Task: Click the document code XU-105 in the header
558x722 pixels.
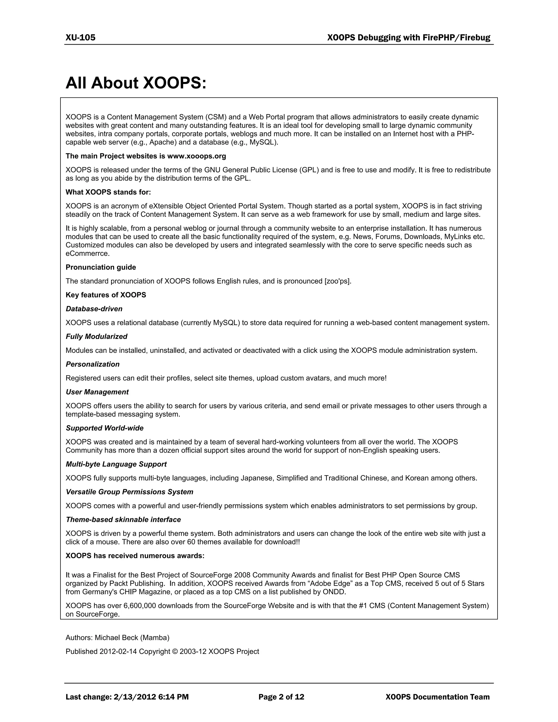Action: [80, 38]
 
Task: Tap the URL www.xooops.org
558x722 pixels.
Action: [196, 156]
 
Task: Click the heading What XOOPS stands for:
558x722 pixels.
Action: [108, 192]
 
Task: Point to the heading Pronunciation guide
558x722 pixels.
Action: [101, 267]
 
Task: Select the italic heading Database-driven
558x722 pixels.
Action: [94, 309]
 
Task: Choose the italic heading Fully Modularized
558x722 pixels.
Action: [96, 336]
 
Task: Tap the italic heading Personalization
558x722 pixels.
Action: [93, 364]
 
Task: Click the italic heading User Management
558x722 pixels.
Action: [97, 392]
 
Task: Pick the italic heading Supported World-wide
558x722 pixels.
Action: [104, 428]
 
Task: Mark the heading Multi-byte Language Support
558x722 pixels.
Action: [116, 464]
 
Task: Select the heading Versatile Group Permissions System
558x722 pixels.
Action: [129, 492]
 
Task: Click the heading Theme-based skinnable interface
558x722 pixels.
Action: [123, 520]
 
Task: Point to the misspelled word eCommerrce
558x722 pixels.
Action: [87, 254]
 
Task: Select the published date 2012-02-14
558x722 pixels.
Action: [118, 652]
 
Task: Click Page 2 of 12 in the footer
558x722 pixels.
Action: [281, 697]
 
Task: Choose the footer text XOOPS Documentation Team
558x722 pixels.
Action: [437, 697]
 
